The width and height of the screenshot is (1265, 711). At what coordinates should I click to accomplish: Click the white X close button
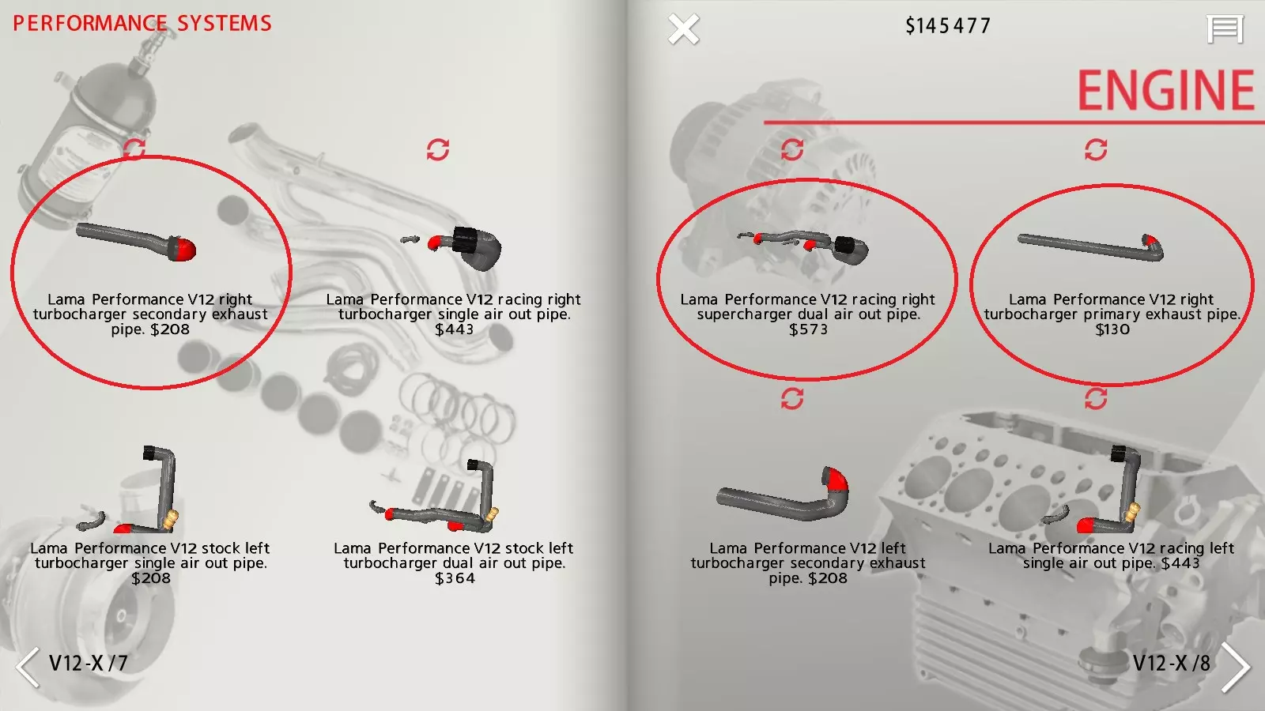683,28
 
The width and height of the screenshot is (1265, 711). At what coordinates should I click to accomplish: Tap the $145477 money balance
948,26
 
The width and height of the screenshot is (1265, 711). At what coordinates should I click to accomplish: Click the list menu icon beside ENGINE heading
1225,28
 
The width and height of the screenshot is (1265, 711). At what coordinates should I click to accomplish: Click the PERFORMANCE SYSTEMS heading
142,23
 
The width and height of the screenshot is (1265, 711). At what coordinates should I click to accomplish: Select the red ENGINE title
1166,90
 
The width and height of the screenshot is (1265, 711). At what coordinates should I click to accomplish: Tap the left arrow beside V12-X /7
28,667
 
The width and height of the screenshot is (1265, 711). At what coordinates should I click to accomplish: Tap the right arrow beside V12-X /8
1236,667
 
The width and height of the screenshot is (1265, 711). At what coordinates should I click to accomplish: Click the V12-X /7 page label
88,663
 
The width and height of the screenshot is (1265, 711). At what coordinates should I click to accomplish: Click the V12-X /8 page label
1172,663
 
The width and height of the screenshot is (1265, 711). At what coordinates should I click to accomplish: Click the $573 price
808,329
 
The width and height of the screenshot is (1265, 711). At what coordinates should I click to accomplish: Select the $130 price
1112,329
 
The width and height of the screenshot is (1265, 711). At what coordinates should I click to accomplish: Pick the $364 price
455,578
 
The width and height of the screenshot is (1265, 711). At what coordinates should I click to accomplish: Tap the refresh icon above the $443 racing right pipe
438,149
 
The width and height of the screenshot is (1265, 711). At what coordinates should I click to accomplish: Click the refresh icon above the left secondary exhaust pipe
792,399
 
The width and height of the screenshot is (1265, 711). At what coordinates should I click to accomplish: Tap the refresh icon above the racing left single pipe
1096,399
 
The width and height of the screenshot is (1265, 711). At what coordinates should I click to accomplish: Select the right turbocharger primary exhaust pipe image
1091,248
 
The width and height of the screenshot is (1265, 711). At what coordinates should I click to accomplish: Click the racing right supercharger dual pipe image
803,246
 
